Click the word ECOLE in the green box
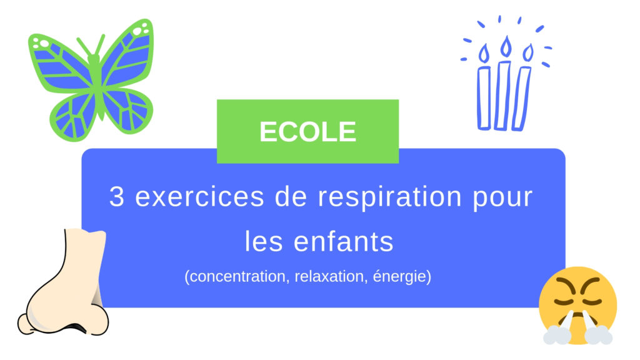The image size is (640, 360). click(x=307, y=132)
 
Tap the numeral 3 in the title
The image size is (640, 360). click(x=117, y=197)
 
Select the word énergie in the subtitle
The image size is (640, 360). click(x=398, y=277)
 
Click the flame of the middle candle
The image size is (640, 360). click(x=506, y=46)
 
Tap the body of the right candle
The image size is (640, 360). click(x=522, y=97)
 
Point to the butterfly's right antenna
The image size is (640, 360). click(x=101, y=45)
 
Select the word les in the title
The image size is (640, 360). click(x=262, y=241)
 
